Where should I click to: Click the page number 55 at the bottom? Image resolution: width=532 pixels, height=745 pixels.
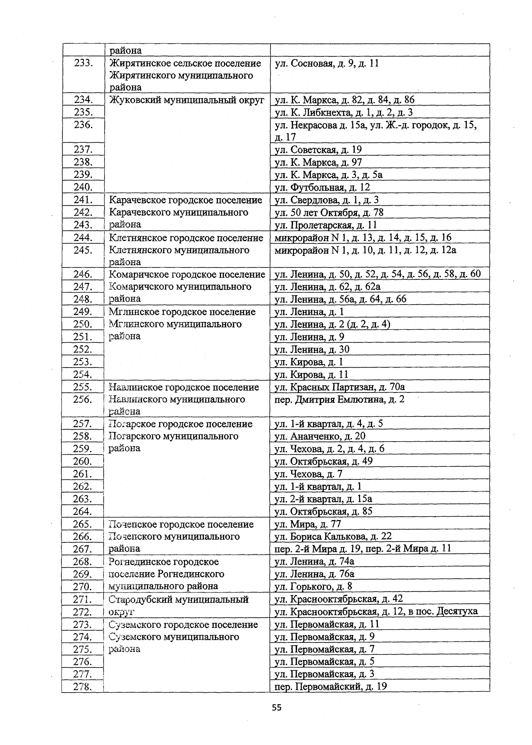coord(277,707)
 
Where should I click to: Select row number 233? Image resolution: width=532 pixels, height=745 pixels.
coord(83,63)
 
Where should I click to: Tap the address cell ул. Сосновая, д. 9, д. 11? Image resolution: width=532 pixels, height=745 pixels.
coord(327,63)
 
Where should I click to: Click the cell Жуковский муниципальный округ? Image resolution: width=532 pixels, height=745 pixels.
coord(187,100)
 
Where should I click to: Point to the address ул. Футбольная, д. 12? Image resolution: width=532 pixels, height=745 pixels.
coord(322,187)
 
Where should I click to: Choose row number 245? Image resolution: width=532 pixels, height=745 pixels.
coord(83,250)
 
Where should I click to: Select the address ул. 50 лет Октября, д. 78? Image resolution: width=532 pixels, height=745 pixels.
coord(329,212)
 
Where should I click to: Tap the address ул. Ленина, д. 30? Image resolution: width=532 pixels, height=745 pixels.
coord(312,349)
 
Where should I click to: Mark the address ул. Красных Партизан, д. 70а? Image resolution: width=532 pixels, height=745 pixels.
coord(340,387)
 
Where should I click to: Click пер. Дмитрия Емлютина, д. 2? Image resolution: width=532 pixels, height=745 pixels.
coord(340,400)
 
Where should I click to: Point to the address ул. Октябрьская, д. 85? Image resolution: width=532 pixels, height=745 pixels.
coord(324,511)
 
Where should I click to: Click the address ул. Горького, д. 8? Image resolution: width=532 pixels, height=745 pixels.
coord(313,586)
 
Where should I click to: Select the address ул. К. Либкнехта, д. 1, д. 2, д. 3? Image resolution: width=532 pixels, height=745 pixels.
coord(344,112)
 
